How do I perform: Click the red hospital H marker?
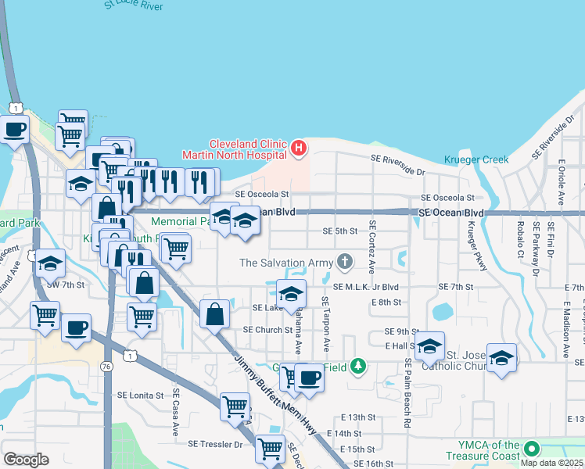click(x=298, y=147)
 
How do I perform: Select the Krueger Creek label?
click(x=476, y=159)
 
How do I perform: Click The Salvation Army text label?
click(x=286, y=263)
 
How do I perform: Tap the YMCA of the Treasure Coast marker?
click(x=532, y=449)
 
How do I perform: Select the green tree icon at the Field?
click(x=357, y=365)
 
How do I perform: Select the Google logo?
click(x=26, y=460)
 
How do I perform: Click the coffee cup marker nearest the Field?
click(x=308, y=378)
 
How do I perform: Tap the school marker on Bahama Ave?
click(x=290, y=294)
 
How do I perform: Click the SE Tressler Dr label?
click(x=215, y=444)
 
